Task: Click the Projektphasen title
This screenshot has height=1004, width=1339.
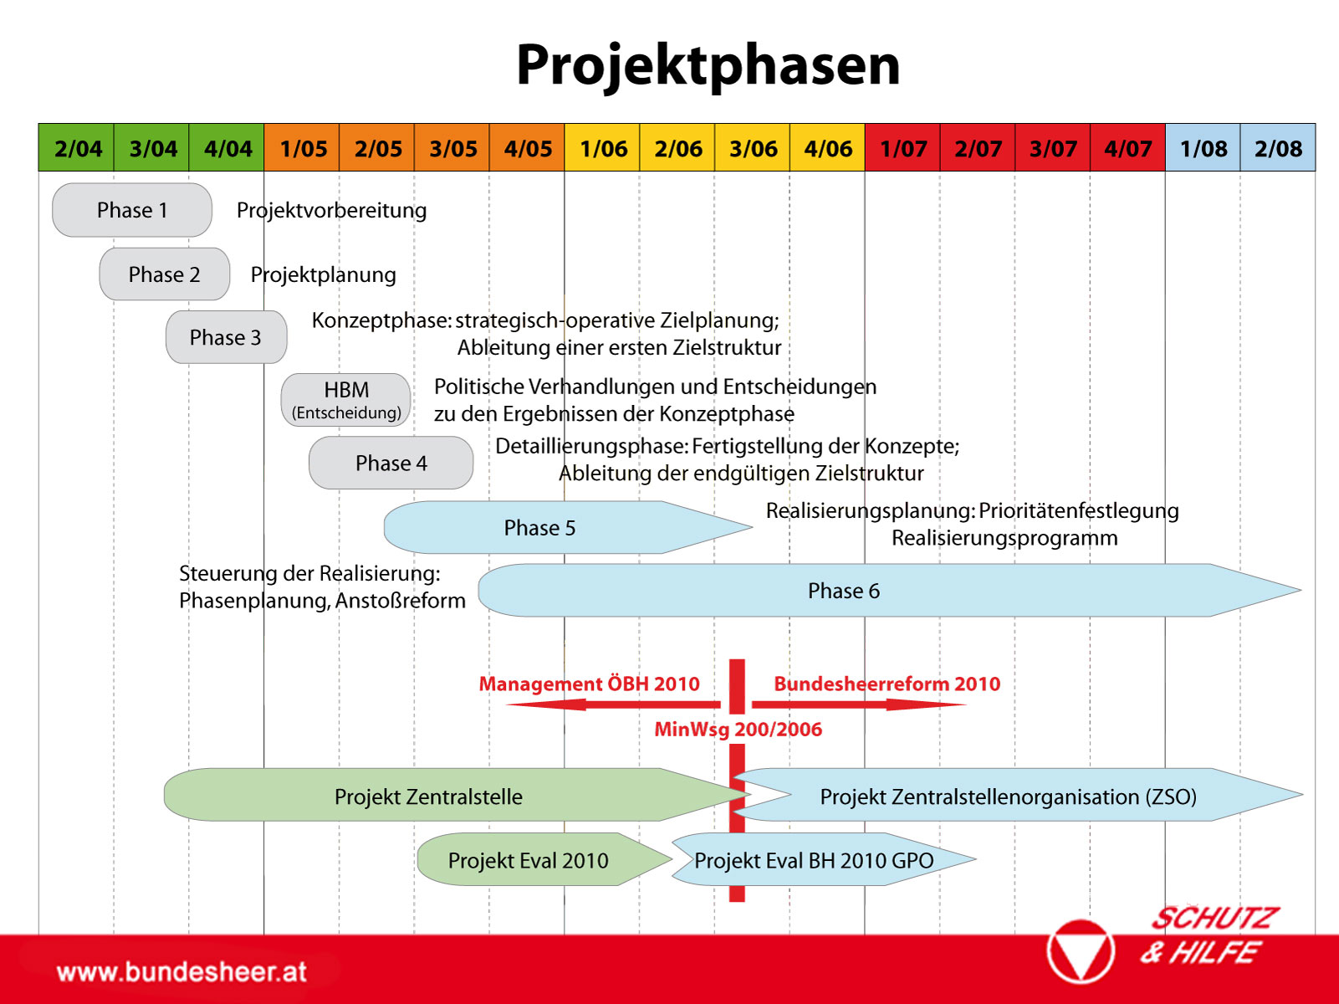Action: coord(708,66)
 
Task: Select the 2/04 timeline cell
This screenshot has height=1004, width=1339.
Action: coord(76,147)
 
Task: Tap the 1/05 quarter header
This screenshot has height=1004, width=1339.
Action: coord(302,147)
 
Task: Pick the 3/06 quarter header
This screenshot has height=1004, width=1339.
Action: coord(752,147)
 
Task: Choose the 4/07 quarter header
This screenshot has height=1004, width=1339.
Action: coord(1127,147)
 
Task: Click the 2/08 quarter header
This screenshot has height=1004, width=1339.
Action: coord(1278,147)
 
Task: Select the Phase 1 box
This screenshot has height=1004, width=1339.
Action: coord(132,210)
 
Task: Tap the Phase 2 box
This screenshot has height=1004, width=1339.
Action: coord(164,274)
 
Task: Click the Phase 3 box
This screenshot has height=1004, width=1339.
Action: coord(226,337)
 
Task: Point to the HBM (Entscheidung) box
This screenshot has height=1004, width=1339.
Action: coord(346,400)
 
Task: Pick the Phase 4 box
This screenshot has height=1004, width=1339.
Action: coord(391,463)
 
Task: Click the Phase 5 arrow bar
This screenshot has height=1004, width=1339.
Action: coord(567,528)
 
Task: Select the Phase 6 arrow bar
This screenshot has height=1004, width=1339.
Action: coord(889,591)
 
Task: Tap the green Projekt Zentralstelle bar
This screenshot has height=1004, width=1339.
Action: coord(457,795)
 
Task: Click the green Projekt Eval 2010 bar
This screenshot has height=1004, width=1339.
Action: coord(544,859)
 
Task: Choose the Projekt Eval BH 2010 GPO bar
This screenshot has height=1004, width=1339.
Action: coord(824,859)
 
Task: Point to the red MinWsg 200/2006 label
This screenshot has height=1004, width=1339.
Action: coord(738,730)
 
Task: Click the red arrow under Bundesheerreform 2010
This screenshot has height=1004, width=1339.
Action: coord(859,704)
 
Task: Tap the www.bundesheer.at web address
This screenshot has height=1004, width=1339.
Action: coord(181,971)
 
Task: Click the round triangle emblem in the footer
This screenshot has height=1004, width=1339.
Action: coord(1081,951)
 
